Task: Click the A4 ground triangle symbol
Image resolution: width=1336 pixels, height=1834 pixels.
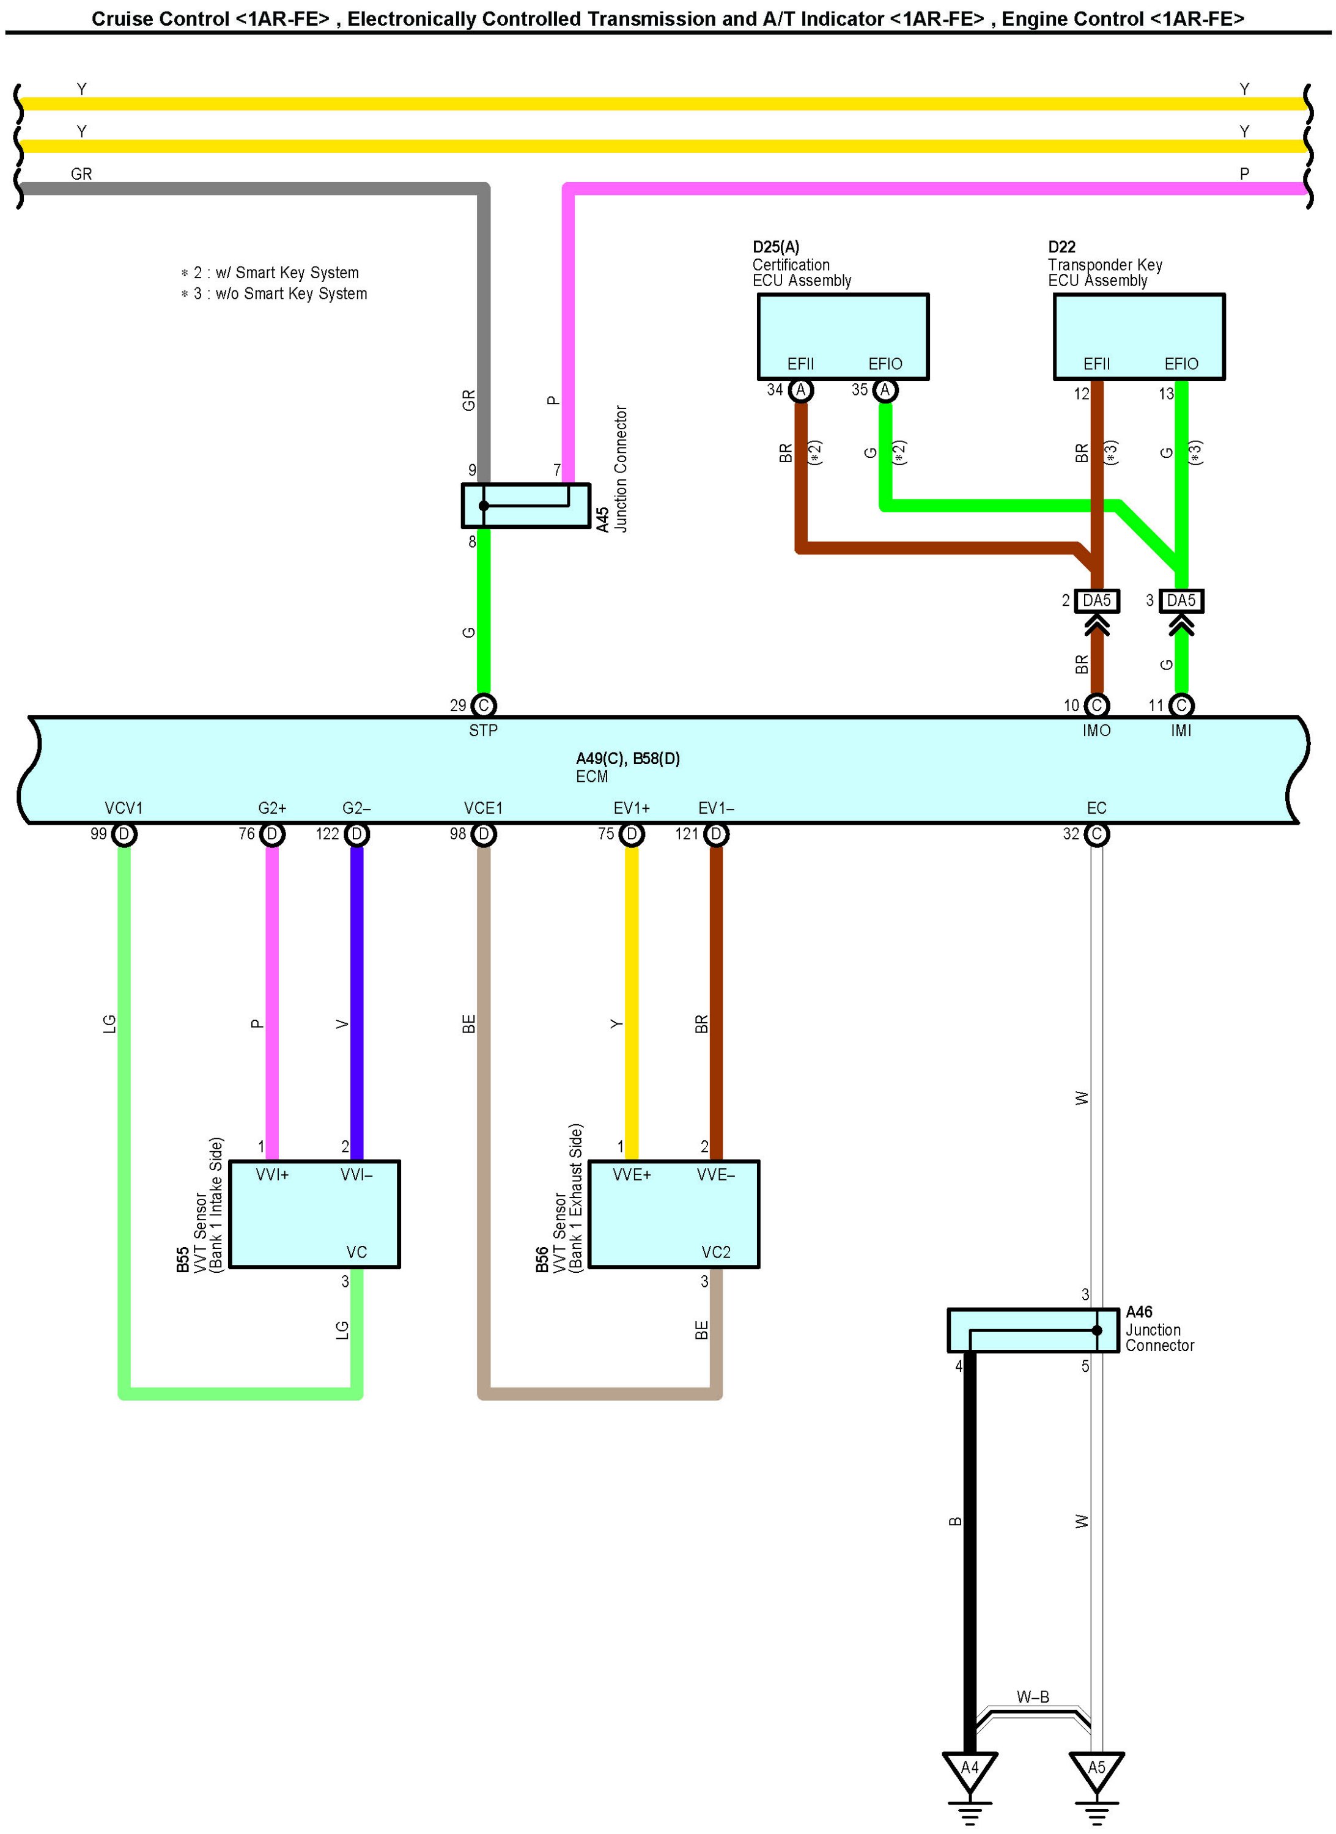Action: pyautogui.click(x=970, y=1769)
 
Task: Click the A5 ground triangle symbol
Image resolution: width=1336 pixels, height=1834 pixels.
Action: pyautogui.click(x=1096, y=1769)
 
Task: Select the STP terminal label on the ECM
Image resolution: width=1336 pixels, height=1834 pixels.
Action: pyautogui.click(x=483, y=730)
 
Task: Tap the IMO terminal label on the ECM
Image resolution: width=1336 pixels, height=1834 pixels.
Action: pyautogui.click(x=1096, y=730)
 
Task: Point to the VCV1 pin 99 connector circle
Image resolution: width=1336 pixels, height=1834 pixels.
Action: pyautogui.click(x=124, y=834)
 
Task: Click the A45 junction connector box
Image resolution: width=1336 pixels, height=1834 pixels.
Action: pyautogui.click(x=526, y=506)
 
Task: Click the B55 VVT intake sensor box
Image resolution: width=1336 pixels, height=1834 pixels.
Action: pyautogui.click(x=315, y=1213)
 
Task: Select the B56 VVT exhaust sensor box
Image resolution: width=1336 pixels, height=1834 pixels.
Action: pyautogui.click(x=674, y=1213)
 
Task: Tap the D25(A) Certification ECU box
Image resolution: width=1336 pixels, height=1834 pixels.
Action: pyautogui.click(x=843, y=336)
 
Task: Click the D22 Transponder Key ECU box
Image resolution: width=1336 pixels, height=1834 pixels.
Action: pyautogui.click(x=1139, y=336)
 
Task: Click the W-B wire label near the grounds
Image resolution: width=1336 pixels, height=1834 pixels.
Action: pyautogui.click(x=1033, y=1697)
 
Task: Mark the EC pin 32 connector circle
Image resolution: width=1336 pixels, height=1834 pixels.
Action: pyautogui.click(x=1096, y=834)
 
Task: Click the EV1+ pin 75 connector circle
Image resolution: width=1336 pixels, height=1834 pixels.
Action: pyautogui.click(x=632, y=834)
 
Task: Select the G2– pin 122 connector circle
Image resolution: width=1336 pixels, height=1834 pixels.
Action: pyautogui.click(x=356, y=834)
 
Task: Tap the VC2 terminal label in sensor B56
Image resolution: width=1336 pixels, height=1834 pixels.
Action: pyautogui.click(x=716, y=1253)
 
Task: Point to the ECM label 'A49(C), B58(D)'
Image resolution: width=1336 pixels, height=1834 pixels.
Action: pyautogui.click(x=627, y=759)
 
